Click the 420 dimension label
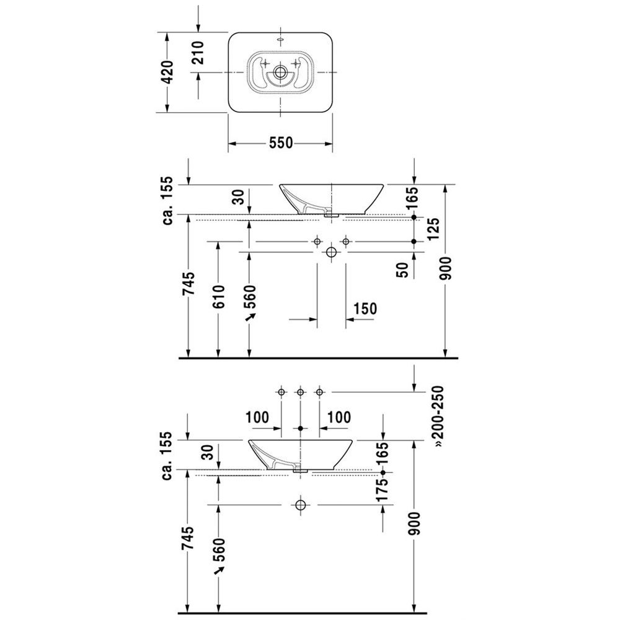169,73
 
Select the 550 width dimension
281,143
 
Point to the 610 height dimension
219,297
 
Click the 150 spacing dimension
365,308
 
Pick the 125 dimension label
433,229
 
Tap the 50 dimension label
402,270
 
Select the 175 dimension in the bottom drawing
383,490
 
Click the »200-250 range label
438,417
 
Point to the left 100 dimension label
257,417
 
